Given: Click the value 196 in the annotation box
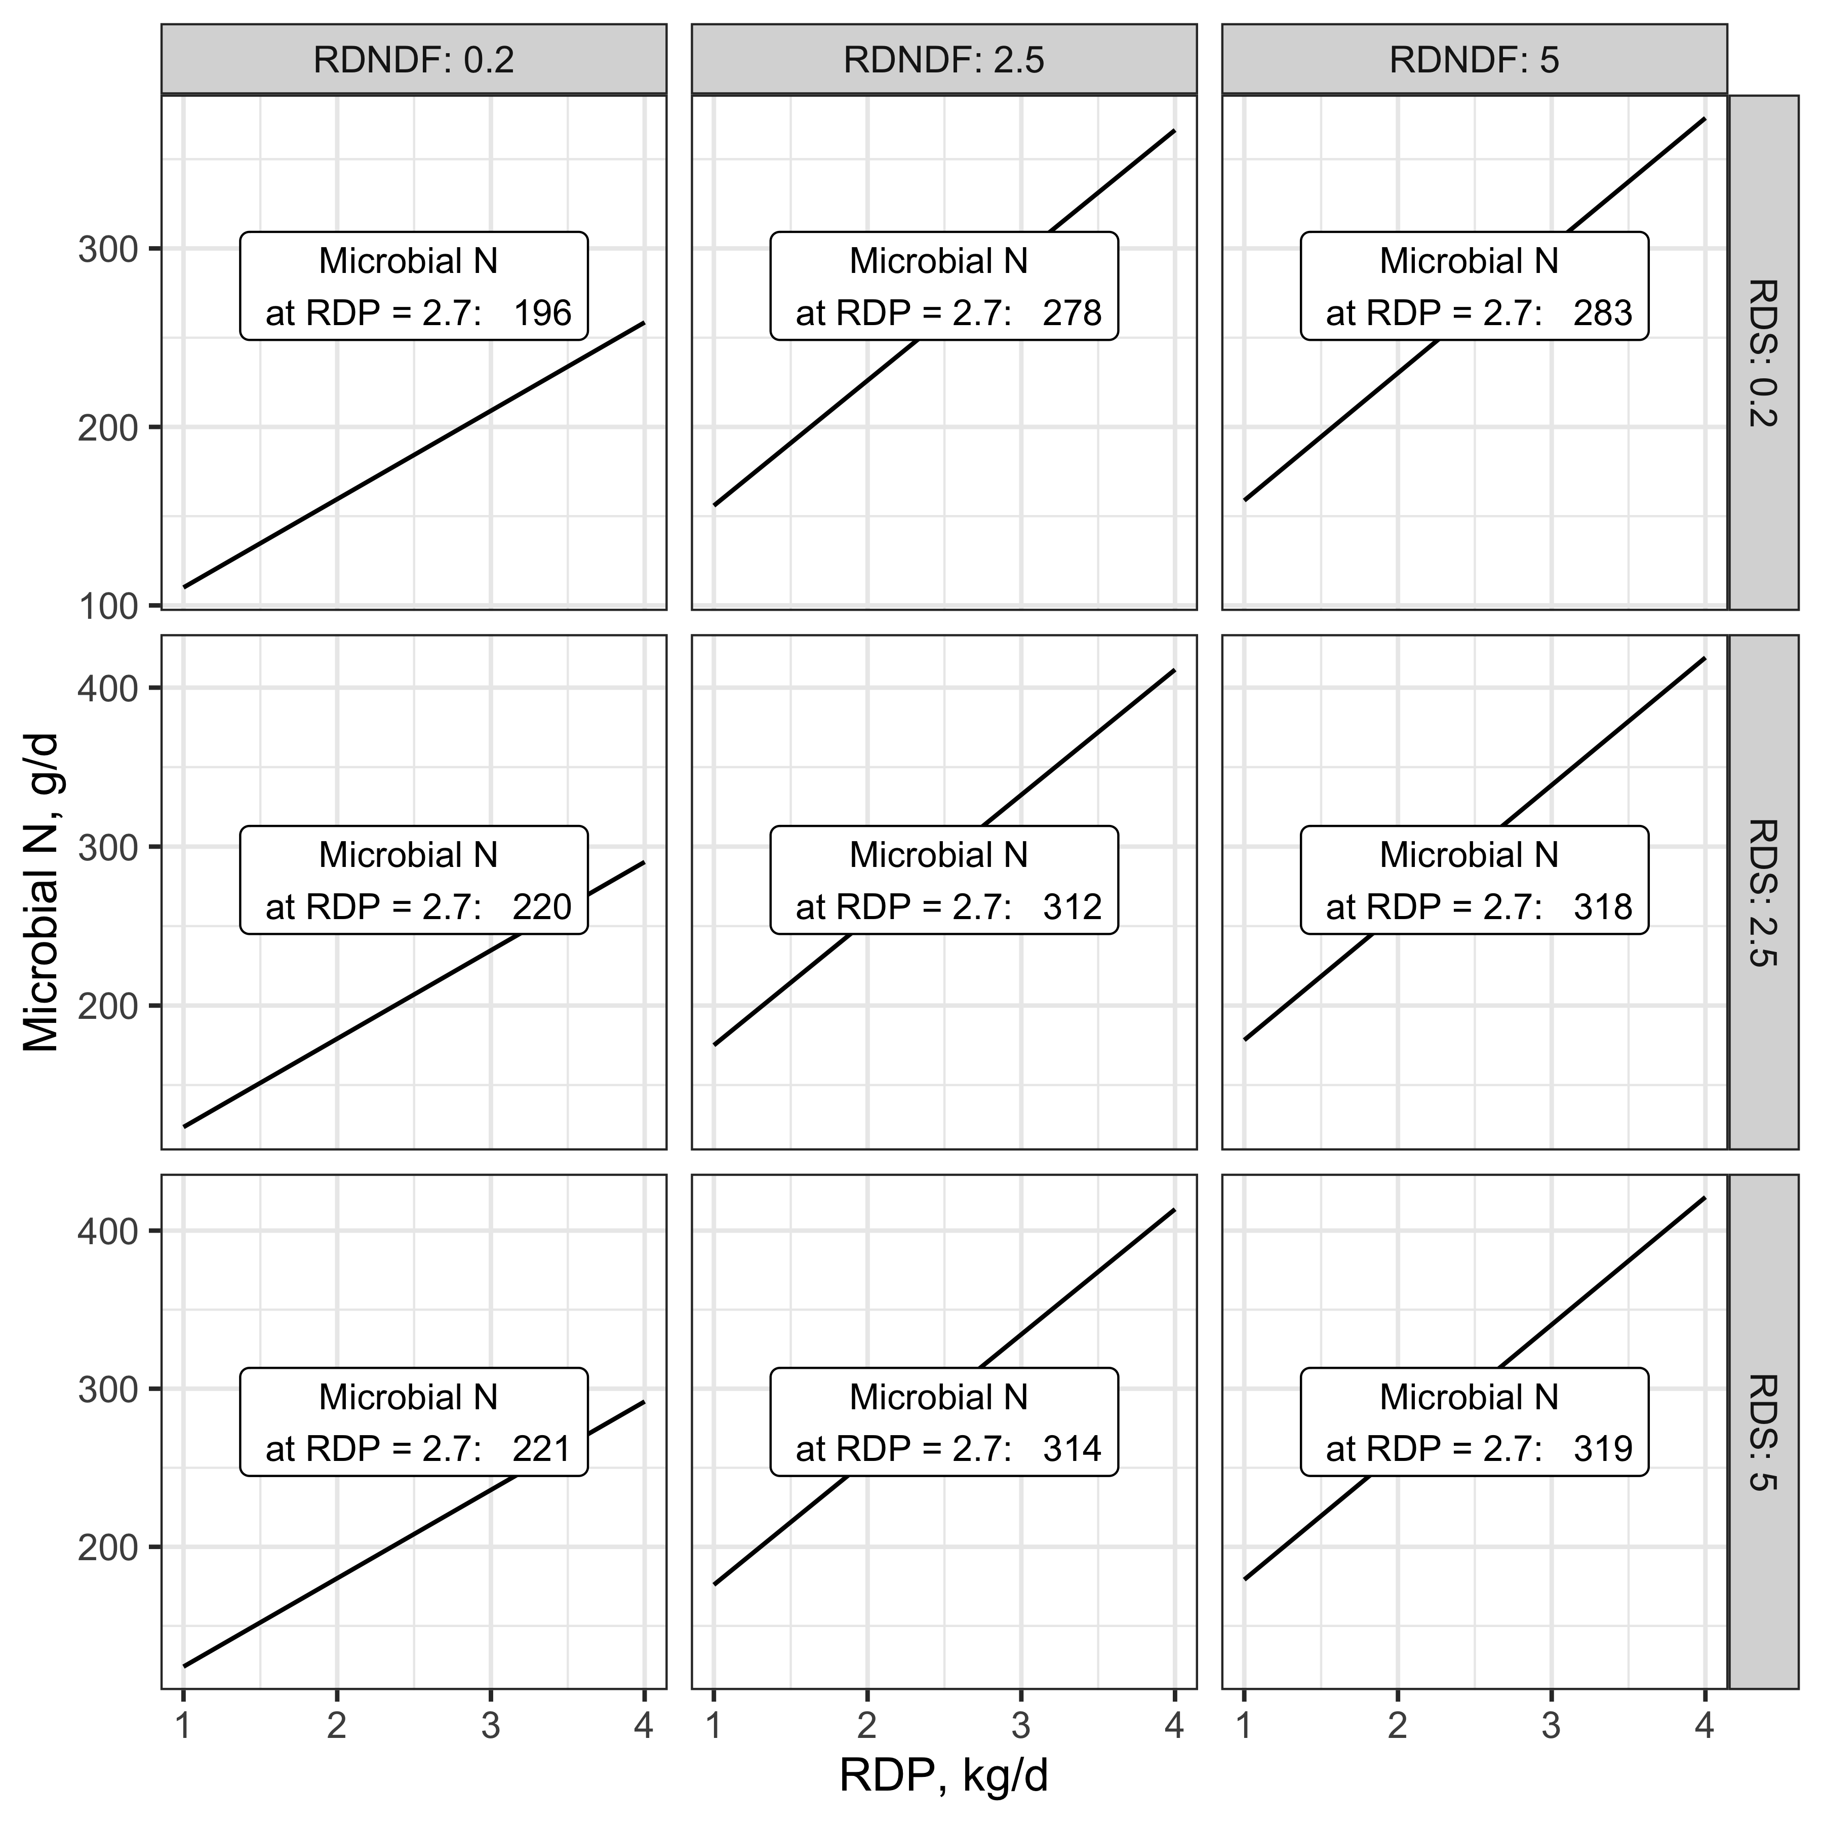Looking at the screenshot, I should (542, 312).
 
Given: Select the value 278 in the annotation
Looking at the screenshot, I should (1073, 312).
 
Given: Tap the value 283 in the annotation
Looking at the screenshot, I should (1603, 312).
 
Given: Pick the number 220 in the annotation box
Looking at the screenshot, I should (542, 907).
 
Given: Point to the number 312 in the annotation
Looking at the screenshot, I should (1073, 907).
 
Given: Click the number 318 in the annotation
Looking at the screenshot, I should (1603, 907).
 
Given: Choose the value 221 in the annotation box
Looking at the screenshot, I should (542, 1448).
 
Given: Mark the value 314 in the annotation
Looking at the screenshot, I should (1073, 1448).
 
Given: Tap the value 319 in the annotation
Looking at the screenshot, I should (1603, 1448).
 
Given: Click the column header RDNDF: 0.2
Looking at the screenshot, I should (414, 60).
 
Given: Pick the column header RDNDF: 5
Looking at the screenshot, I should (1475, 60).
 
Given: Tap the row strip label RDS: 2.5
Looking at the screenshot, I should (1763, 893).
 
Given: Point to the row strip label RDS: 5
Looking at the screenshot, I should (1763, 1433).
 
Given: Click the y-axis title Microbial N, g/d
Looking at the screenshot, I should (42, 893).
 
